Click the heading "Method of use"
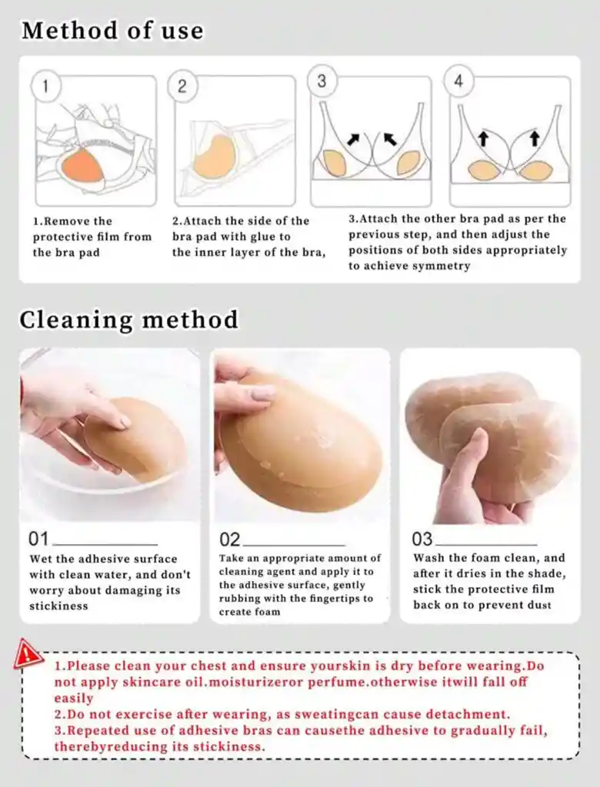click(x=112, y=31)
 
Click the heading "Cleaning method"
click(x=128, y=320)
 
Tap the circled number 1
click(x=45, y=86)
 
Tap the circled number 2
click(x=182, y=86)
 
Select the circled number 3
click(x=322, y=80)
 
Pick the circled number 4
click(x=458, y=80)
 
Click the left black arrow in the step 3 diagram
click(x=355, y=139)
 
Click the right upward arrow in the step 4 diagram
click(x=535, y=139)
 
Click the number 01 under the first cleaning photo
click(x=38, y=539)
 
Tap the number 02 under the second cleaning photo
click(x=230, y=540)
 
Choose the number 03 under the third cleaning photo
click(x=422, y=539)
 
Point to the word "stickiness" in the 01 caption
click(x=58, y=606)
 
